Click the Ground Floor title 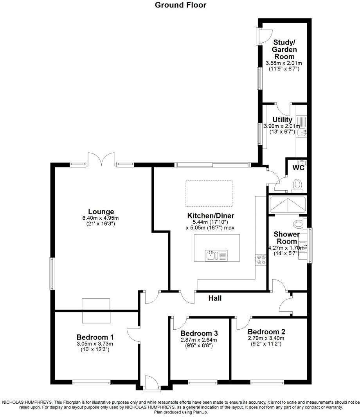coord(180,5)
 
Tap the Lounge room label coord(101,212)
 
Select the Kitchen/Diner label coord(211,216)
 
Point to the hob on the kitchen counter coord(261,259)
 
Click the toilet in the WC coord(298,184)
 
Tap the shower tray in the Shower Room coord(288,204)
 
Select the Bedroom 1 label coord(95,337)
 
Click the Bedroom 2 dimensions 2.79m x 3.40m coord(266,338)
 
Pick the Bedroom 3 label coord(199,333)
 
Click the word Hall coord(215,298)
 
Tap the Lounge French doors coord(101,159)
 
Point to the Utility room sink coord(302,132)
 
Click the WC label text coord(299,168)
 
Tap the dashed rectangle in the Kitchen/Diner coord(209,193)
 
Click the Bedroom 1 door coord(133,335)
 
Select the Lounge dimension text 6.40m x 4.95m coord(101,218)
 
